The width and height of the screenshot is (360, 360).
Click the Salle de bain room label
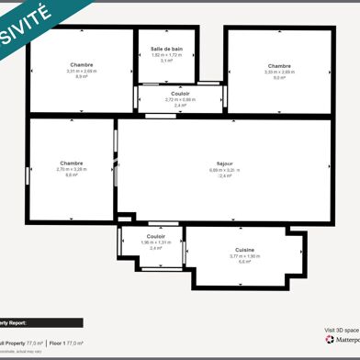click(x=167, y=48)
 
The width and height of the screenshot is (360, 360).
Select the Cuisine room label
click(x=244, y=249)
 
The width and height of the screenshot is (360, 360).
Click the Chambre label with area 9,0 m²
click(x=279, y=66)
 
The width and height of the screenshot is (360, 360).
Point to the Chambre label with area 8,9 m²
click(x=81, y=64)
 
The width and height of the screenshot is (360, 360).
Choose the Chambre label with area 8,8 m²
click(x=72, y=163)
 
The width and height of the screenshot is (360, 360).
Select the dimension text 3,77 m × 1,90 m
click(x=244, y=255)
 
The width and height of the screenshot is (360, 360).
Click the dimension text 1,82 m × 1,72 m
click(x=167, y=54)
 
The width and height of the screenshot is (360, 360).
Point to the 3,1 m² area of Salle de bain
click(x=167, y=61)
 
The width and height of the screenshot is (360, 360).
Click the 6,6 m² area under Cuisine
click(x=244, y=262)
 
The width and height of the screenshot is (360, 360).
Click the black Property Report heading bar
click(x=41, y=322)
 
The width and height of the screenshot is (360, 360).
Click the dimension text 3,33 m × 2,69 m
click(x=279, y=72)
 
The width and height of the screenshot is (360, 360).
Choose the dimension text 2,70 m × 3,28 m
click(x=72, y=169)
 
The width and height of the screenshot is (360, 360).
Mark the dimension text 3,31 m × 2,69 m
click(x=81, y=71)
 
